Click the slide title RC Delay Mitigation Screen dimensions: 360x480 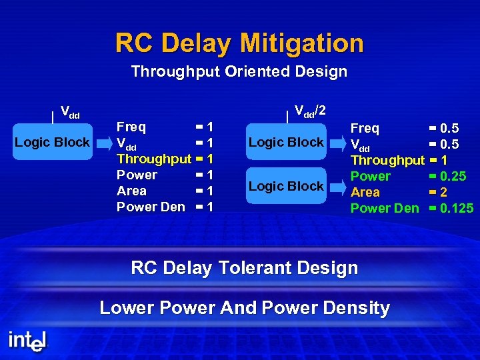tap(239, 43)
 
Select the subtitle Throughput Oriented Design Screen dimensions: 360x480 tap(239, 71)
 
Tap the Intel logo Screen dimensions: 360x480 tap(29, 341)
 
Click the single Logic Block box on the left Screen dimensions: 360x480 tap(52, 142)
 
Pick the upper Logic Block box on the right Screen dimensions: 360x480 tap(286, 142)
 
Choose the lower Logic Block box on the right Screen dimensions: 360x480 tap(286, 186)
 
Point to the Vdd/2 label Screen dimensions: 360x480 tap(309, 110)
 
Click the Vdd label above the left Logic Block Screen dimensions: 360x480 tap(70, 112)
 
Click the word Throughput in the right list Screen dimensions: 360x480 tap(387, 160)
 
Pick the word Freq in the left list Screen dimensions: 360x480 tap(131, 126)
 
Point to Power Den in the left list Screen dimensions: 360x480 tap(151, 207)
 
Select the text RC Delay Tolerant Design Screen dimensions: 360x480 tap(244, 268)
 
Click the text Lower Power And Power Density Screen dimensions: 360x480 tap(244, 308)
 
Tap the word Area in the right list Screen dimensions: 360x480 tap(365, 192)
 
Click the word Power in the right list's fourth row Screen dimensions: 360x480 tap(370, 176)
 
